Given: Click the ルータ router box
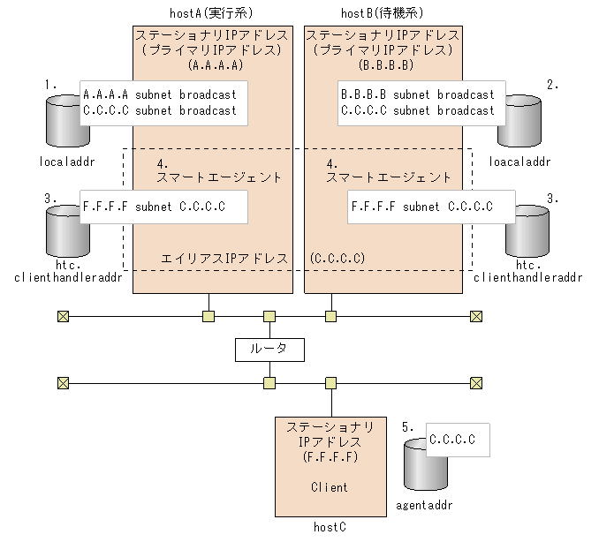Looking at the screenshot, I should pos(269,349).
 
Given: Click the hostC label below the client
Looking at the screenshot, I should pos(330,526).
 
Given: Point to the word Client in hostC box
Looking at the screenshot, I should pos(330,486).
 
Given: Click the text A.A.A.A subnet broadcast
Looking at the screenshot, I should pos(159,94).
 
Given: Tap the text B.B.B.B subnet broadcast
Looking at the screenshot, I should pos(417,94).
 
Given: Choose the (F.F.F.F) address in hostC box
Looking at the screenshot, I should pos(330,457).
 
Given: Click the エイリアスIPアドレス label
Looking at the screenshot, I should pos(224,258).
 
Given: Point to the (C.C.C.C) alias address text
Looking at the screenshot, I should pos(337,258).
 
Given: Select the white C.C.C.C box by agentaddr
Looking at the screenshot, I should pos(457,439).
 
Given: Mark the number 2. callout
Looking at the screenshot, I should pos(553,84).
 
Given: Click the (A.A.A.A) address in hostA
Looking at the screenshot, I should pos(216,65).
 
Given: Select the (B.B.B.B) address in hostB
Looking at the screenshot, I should pos(383,65).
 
